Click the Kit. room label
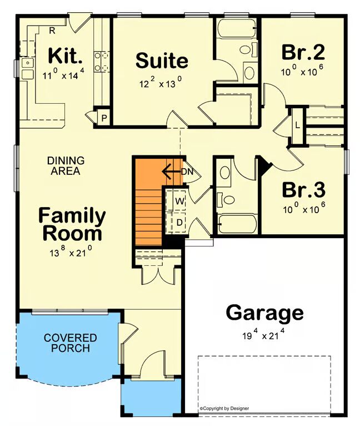click(66, 56)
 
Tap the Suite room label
click(162, 60)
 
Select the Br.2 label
click(303, 52)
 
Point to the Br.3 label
click(303, 190)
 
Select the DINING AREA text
click(66, 165)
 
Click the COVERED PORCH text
click(71, 342)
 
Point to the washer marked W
click(179, 201)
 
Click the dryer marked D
click(179, 223)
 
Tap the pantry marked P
click(104, 118)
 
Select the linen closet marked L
click(297, 125)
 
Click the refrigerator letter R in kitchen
click(52, 31)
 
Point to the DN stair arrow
click(172, 171)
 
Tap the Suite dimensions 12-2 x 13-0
click(161, 83)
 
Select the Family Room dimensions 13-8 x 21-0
click(71, 251)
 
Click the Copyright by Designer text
click(224, 408)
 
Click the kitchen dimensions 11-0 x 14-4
click(63, 74)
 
